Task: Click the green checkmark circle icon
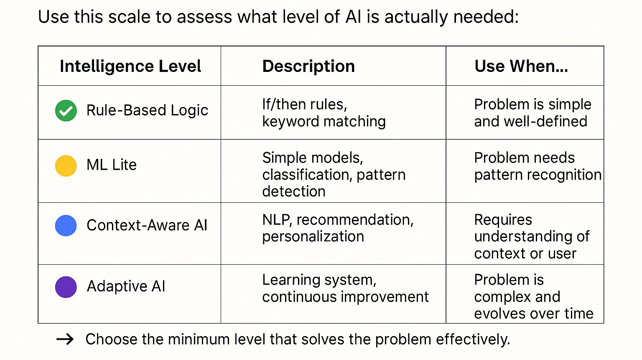(66, 111)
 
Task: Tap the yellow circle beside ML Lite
(66, 166)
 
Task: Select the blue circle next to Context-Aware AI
(66, 226)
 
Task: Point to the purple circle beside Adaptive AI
(66, 287)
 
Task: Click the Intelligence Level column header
(130, 66)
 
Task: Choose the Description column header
(308, 66)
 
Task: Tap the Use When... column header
(521, 66)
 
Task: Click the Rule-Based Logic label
(147, 110)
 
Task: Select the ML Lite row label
(112, 165)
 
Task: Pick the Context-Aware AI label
(147, 225)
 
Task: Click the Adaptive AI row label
(126, 286)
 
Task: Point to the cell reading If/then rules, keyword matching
(324, 113)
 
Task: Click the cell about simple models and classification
(334, 174)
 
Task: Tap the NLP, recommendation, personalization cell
(338, 228)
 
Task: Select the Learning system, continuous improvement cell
(345, 288)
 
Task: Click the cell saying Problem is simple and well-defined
(532, 113)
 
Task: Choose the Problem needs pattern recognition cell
(538, 166)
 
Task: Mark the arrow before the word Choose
(65, 339)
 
